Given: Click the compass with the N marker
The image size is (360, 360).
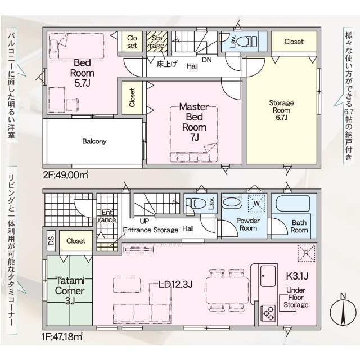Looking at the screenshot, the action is coord(343,312).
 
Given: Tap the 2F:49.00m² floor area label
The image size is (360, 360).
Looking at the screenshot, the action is coord(66,175).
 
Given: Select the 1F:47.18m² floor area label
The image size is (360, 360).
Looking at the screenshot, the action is coord(62,336).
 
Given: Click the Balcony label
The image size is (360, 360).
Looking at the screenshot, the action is coord(94,141).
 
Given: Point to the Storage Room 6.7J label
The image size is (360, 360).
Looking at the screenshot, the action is coord(281,110).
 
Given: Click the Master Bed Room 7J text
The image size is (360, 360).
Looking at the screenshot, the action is coord(194,122).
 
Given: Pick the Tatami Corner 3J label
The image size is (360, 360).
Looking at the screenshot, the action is coord(70,290).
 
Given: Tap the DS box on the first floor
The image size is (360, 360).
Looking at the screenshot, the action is coord(51,240).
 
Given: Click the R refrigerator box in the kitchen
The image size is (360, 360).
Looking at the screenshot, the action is coord(306,253).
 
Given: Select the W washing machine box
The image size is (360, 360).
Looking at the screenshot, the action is coord(256,203).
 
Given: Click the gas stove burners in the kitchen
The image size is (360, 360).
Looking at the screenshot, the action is coord(268,313).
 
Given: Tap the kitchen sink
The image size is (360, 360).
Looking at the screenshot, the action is coord(268,276).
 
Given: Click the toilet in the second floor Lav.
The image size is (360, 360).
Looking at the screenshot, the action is coord(246,42).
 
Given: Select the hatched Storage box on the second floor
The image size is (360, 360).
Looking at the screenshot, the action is coord(157,42).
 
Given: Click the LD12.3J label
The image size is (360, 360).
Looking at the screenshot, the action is coord(175,285).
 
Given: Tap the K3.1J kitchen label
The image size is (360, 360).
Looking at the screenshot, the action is coord(297,276).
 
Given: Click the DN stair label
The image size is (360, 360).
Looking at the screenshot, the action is coord(206,60).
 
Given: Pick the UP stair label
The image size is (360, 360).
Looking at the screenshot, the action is coord(144,221).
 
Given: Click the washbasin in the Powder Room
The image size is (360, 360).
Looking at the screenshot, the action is coord(232,202).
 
